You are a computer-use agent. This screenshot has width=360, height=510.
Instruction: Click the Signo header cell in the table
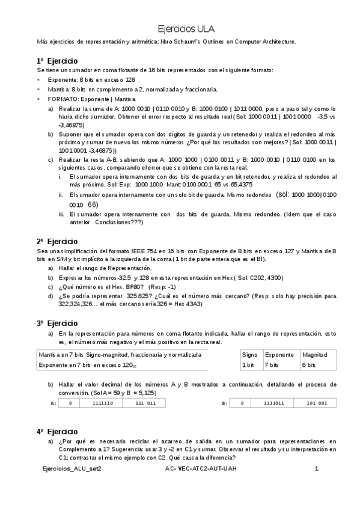(x=250, y=355)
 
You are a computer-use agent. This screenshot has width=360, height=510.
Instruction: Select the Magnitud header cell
(x=315, y=355)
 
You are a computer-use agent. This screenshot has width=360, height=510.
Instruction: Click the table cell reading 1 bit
(x=249, y=365)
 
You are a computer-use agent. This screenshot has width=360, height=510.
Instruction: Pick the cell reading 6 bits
(x=310, y=365)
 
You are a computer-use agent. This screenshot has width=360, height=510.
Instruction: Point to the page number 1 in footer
(x=316, y=468)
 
